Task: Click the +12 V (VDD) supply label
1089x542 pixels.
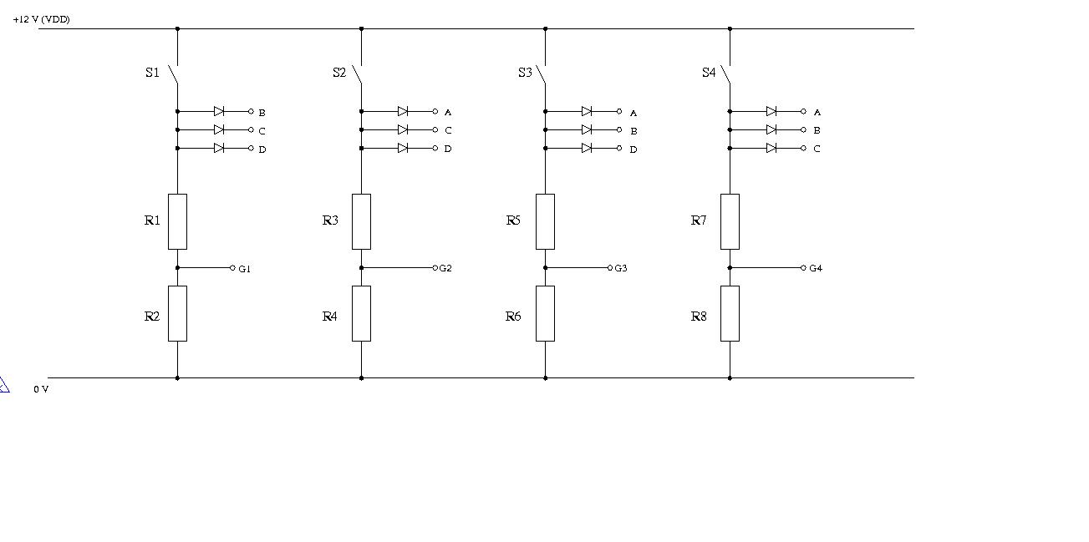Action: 41,19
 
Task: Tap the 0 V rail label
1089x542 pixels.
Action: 41,389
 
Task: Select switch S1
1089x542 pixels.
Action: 174,74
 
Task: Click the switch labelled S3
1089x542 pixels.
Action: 541,74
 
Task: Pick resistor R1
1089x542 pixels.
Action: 177,221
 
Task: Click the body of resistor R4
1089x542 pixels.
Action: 361,313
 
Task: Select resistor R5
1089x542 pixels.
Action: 545,221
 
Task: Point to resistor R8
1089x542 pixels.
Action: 730,313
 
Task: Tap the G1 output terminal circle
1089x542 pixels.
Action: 232,267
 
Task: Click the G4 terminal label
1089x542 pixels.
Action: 816,268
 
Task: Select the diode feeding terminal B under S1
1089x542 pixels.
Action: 219,111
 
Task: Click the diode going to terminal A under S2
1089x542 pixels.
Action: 403,111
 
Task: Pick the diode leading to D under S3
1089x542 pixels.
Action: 587,148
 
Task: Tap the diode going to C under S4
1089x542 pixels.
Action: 771,148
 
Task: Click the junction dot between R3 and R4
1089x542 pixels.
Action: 361,267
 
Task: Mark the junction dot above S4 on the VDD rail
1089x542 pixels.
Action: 730,28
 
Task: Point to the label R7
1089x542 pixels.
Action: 699,220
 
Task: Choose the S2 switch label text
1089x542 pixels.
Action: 339,73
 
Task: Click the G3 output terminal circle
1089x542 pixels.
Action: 610,267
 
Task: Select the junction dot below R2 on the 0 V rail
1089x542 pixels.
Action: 177,377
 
